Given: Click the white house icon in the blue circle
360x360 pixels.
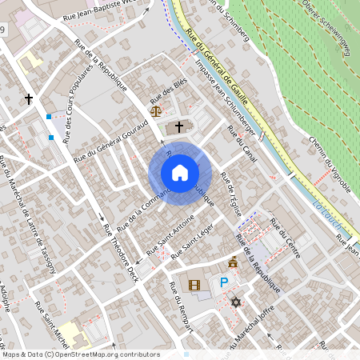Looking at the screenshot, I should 180,173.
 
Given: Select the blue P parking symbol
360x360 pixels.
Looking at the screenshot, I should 225,282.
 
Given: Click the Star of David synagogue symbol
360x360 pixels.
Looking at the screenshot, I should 235,302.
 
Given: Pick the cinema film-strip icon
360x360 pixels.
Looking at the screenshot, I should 194,284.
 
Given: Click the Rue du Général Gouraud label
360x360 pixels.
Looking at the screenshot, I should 111,143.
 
